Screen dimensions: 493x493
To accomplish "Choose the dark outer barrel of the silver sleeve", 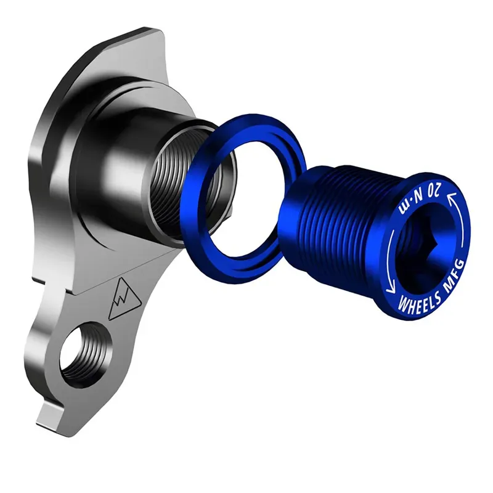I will click(129, 166).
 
